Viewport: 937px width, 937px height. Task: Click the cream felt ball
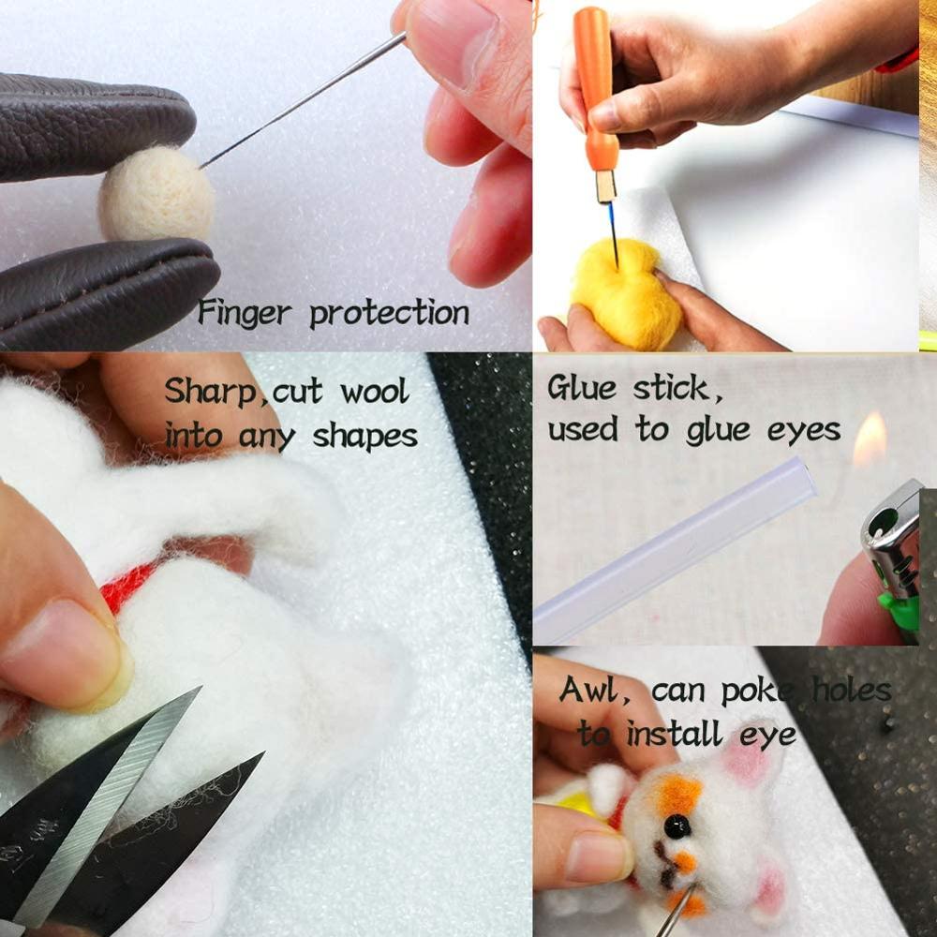pyautogui.click(x=156, y=195)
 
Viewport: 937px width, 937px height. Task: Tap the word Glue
pyautogui.click(x=583, y=388)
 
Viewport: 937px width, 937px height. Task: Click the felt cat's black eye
pyautogui.click(x=677, y=825)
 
